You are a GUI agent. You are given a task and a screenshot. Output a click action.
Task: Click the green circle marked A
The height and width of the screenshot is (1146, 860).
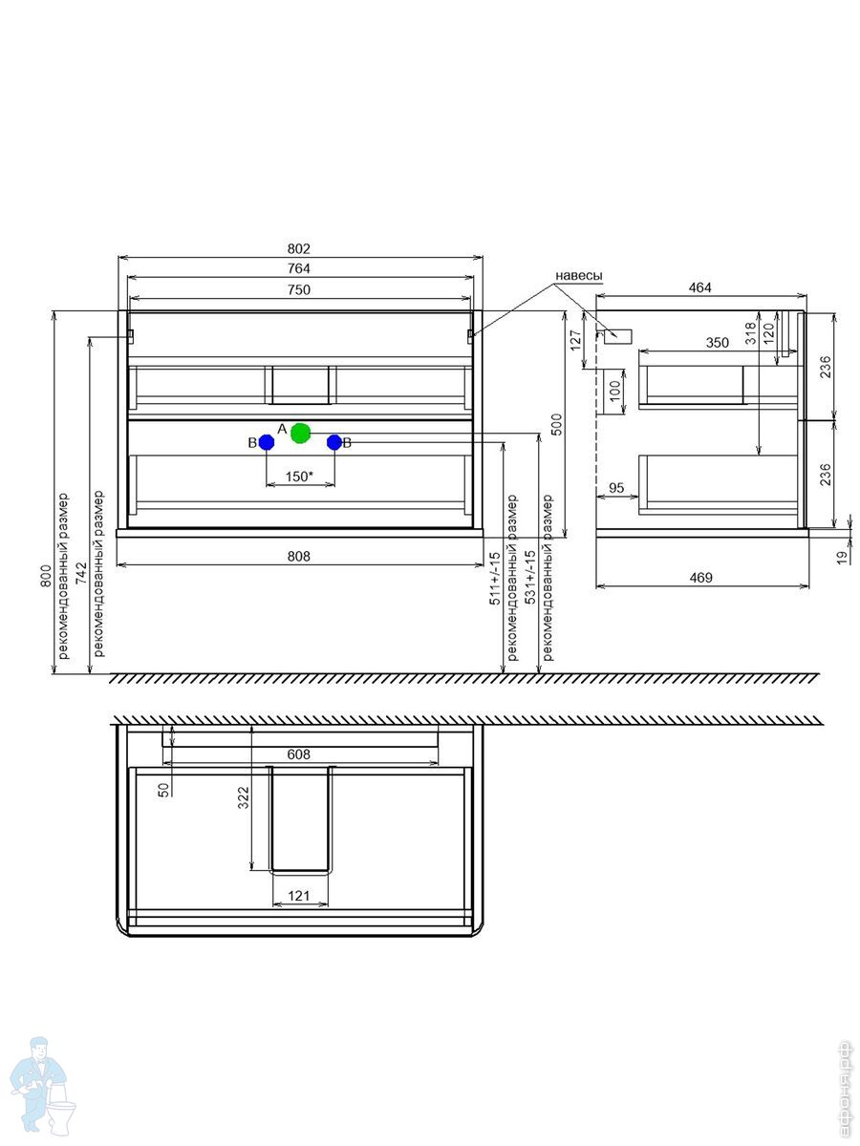(x=300, y=433)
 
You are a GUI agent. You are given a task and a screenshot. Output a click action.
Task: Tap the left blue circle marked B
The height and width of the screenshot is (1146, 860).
(x=267, y=442)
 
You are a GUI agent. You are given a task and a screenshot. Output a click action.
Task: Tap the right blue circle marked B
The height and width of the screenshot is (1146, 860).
(x=334, y=442)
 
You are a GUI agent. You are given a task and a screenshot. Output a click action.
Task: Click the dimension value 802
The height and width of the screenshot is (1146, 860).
(x=299, y=249)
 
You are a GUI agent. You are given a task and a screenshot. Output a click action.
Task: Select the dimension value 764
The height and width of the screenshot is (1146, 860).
(x=299, y=269)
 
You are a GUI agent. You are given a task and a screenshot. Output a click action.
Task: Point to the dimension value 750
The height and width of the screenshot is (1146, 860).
(x=299, y=289)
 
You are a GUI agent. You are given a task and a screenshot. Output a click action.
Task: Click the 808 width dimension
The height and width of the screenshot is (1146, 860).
(x=299, y=557)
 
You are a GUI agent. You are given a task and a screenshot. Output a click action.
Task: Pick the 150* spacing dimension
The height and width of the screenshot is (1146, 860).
(x=299, y=477)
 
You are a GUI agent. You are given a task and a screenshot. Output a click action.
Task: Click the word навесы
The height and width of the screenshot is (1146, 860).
(x=578, y=275)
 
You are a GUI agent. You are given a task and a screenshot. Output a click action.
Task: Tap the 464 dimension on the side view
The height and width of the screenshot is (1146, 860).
(x=699, y=287)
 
